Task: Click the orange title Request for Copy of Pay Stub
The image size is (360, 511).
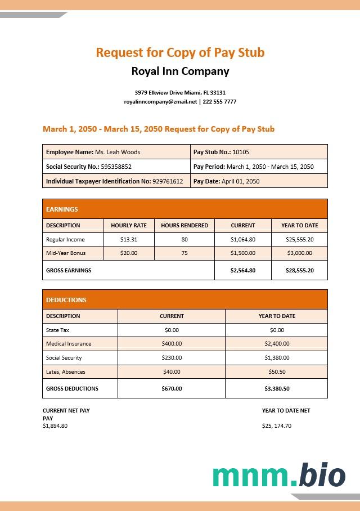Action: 180,52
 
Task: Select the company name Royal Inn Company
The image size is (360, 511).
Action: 180,71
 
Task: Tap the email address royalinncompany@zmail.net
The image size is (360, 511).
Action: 161,102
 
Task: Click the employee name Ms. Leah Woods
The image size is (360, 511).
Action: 118,152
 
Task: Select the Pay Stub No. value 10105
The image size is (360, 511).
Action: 241,152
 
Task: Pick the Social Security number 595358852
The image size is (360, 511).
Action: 116,167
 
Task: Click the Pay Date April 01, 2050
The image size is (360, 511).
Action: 240,181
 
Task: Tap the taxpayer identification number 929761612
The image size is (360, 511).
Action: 168,181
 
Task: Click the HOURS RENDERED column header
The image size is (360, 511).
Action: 184,225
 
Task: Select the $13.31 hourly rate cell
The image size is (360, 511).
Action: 129,239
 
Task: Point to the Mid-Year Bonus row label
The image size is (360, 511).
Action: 66,253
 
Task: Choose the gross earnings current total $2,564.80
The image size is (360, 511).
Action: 243,270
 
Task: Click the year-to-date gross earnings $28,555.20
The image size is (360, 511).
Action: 299,270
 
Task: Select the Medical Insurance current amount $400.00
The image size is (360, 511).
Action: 172,343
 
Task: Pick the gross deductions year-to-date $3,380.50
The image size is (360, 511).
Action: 277,388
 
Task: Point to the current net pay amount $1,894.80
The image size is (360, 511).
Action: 55,425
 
